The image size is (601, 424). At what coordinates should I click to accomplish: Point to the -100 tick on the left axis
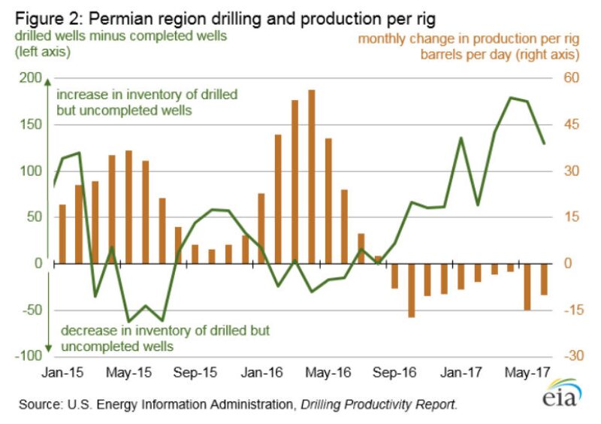pos(26,356)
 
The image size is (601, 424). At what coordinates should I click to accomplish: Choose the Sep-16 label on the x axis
pos(395,371)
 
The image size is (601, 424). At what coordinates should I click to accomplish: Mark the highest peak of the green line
pos(511,98)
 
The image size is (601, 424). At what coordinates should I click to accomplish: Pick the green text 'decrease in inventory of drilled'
pos(165,330)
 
